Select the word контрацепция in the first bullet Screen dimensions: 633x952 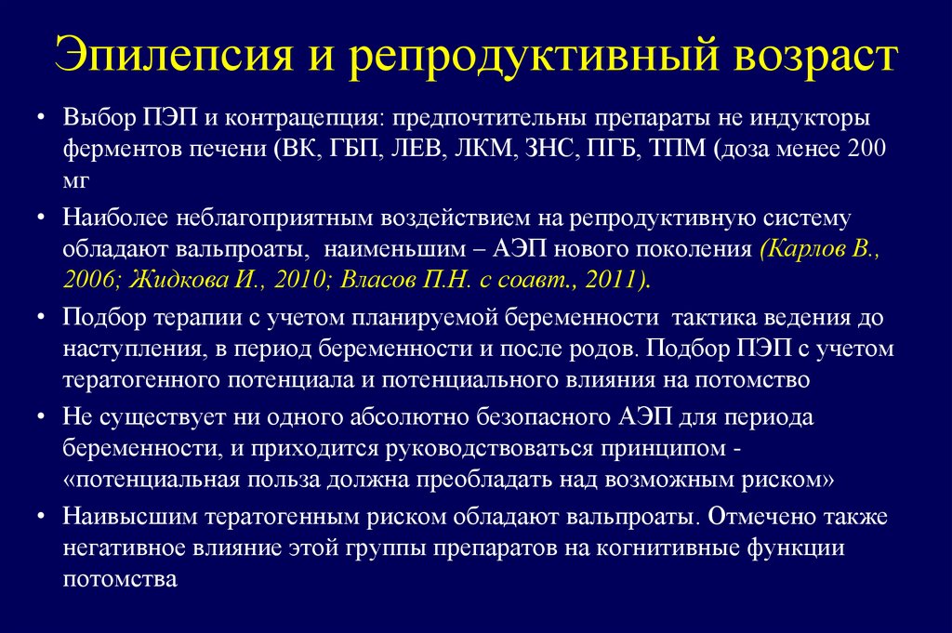pyautogui.click(x=306, y=121)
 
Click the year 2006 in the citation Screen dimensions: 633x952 pyautogui.click(x=86, y=280)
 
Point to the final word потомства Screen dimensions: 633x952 pyautogui.click(x=120, y=578)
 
